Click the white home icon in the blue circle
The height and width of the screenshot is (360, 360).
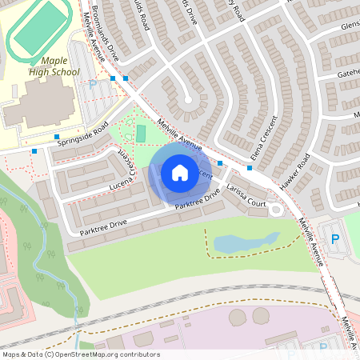(180, 172)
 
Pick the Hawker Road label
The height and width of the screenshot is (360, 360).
(298, 168)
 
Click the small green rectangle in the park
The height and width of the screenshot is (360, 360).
(141, 133)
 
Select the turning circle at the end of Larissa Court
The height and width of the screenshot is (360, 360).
(277, 209)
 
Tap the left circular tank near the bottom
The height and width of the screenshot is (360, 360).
(238, 318)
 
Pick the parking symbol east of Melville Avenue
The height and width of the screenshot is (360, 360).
(335, 238)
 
